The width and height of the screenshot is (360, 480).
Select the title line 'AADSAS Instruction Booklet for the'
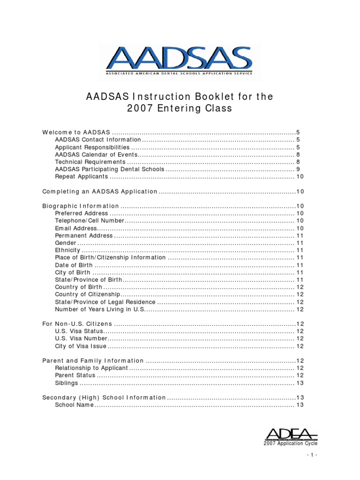180,97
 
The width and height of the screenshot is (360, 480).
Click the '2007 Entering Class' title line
180,109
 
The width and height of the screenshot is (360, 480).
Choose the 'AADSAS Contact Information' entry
97,140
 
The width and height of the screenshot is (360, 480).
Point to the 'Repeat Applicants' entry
82,177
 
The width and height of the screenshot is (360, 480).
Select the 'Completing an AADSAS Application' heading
100,191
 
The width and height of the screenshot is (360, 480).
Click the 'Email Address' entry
75,228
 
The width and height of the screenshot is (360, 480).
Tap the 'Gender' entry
66,243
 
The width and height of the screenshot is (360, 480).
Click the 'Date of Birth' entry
74,265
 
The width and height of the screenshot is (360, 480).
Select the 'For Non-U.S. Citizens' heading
77,324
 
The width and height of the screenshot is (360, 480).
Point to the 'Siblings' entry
67,383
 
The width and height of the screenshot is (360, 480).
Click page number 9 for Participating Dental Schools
298,169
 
